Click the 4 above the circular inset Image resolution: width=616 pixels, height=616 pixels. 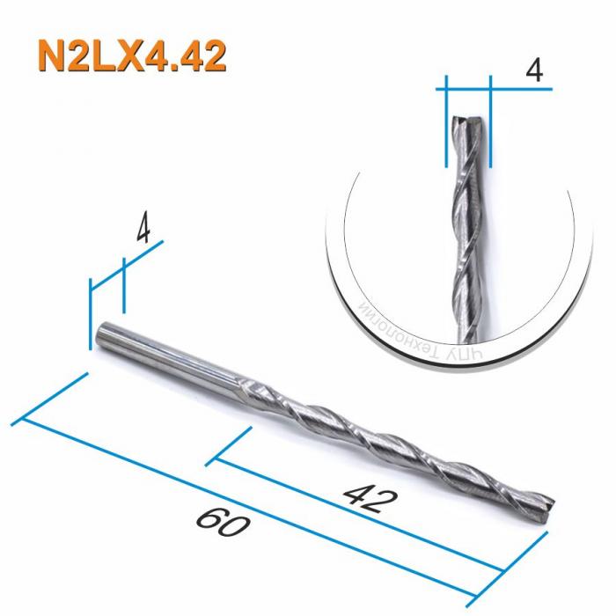532,71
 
